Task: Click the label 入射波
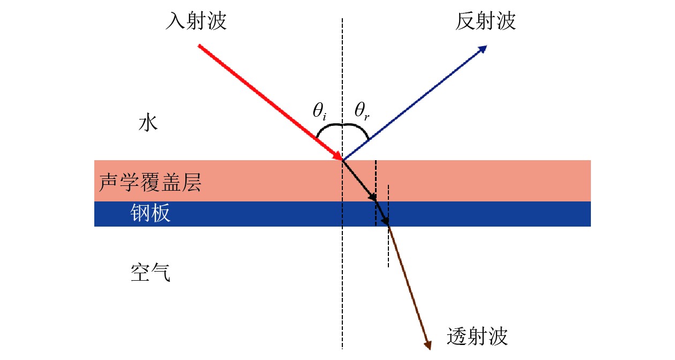point(196,21)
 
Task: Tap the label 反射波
point(486,21)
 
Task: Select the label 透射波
point(477,337)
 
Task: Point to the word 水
point(148,124)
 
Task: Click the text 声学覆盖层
point(150,183)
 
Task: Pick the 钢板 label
point(150,213)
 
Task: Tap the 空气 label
point(150,273)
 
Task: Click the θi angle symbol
point(320,111)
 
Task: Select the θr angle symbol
point(362,111)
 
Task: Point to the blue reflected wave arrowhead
point(482,49)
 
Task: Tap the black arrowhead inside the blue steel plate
point(384,220)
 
